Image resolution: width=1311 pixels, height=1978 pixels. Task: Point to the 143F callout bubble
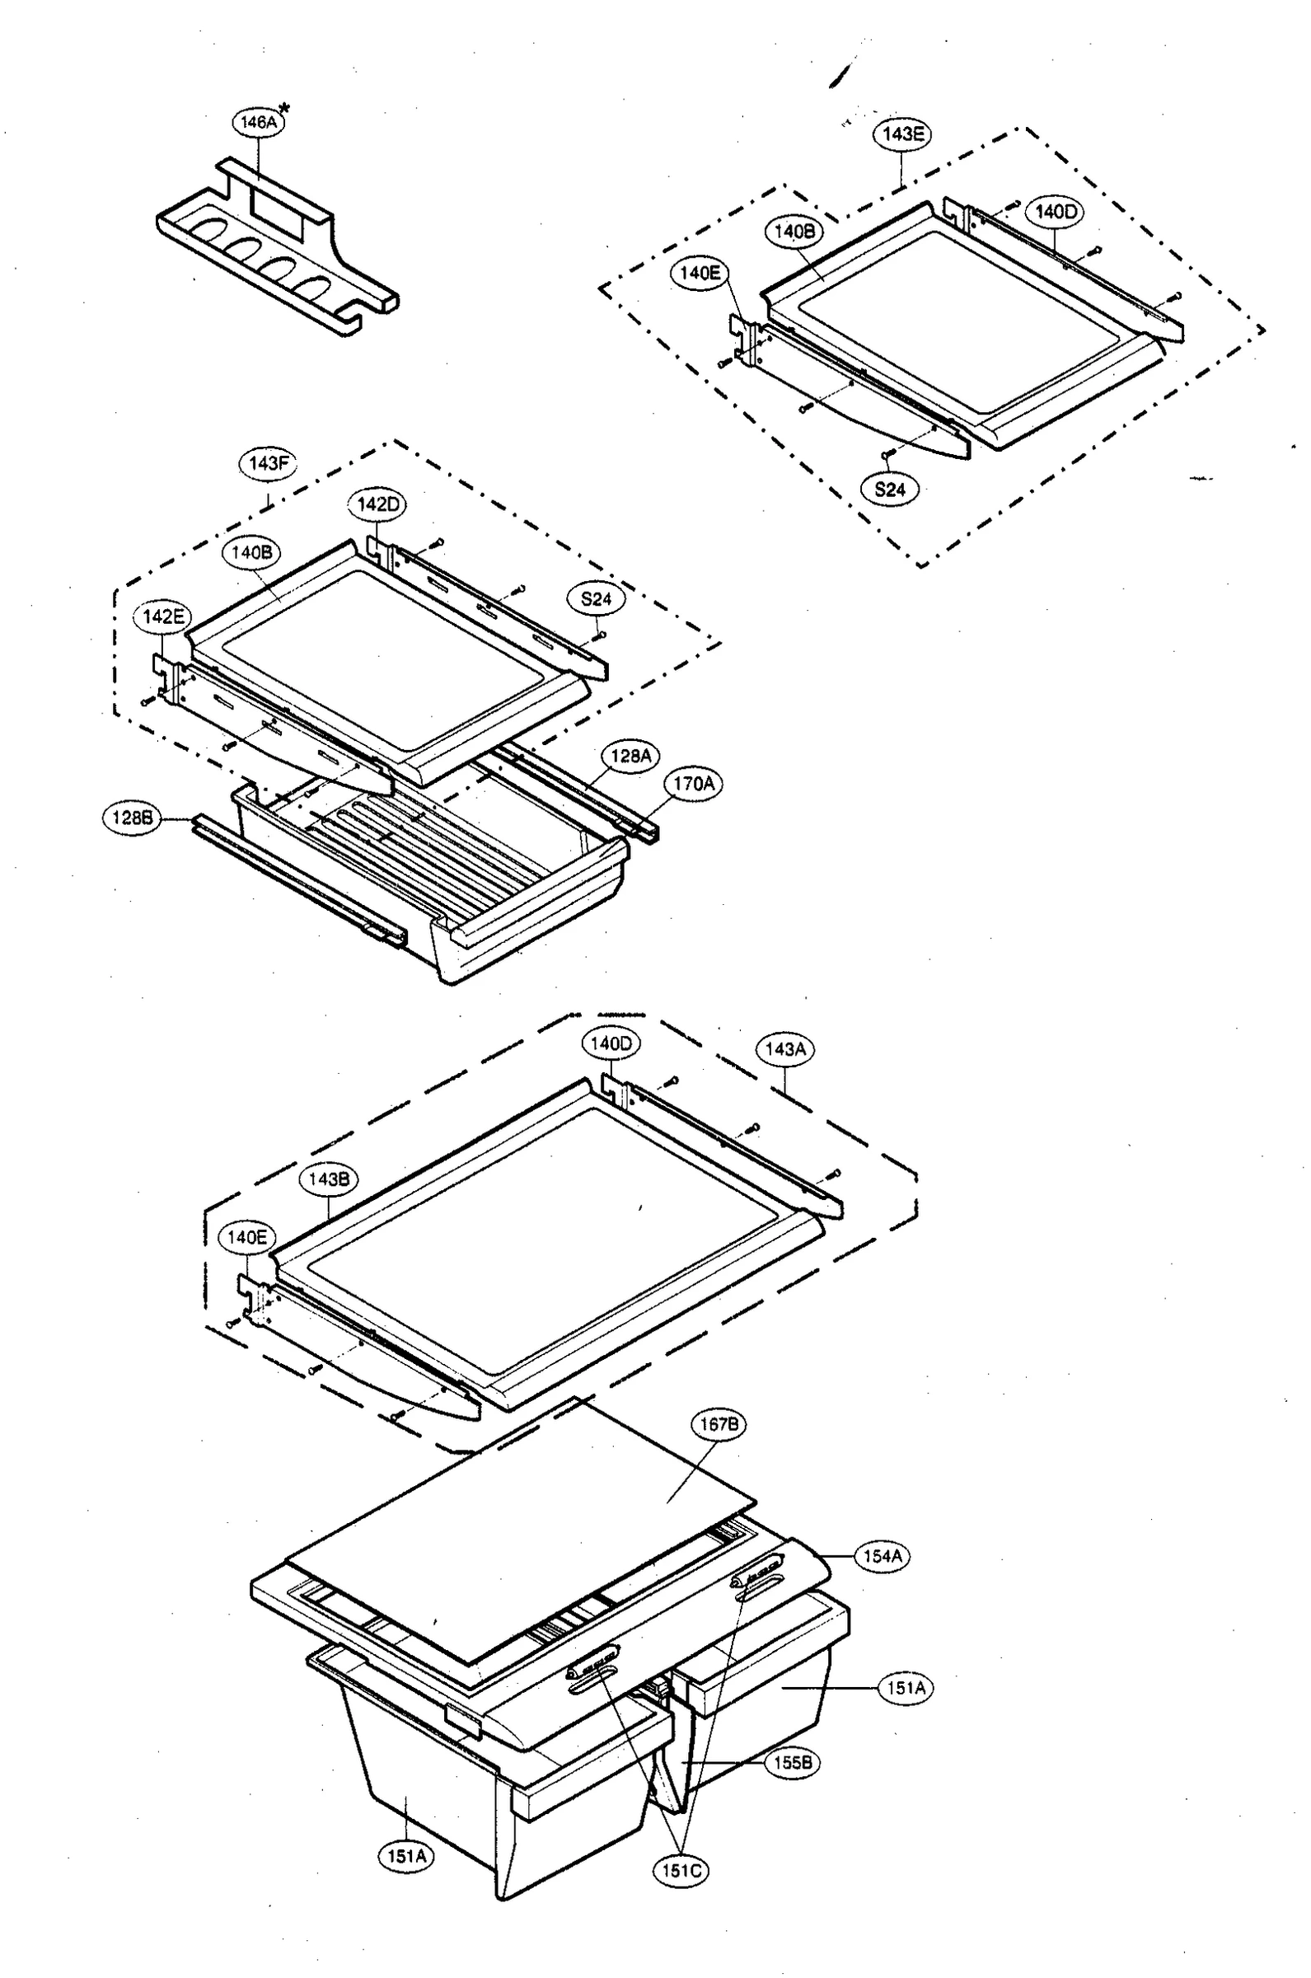(x=269, y=463)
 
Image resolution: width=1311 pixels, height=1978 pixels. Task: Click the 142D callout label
(x=377, y=504)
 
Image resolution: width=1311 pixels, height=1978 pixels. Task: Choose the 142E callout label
(x=163, y=617)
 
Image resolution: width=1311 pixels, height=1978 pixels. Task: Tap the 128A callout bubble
(x=630, y=756)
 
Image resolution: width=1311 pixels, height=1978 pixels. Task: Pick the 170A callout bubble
(x=693, y=783)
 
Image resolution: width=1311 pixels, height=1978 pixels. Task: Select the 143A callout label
(x=785, y=1048)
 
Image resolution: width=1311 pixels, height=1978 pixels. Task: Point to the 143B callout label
(x=329, y=1179)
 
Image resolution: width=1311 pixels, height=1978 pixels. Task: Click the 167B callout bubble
(x=719, y=1423)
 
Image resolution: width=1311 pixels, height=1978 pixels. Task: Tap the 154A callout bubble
(x=882, y=1557)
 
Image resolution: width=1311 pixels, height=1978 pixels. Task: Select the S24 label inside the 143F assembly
(x=596, y=598)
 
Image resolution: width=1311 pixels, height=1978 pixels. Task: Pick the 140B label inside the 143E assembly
(x=794, y=231)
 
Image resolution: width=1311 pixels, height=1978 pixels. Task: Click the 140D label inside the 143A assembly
(x=611, y=1043)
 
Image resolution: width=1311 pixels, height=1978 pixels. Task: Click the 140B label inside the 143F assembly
(x=250, y=551)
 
